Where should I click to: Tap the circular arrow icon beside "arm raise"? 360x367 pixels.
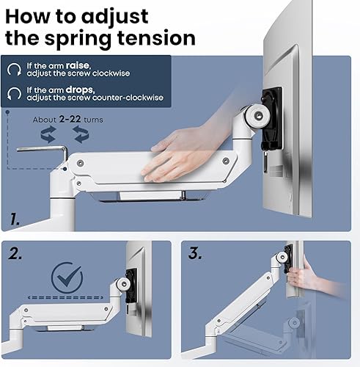pyautogui.click(x=14, y=70)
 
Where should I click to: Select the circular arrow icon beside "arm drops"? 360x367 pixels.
pyautogui.click(x=14, y=93)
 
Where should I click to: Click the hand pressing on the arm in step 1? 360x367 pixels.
pyautogui.click(x=183, y=150)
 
